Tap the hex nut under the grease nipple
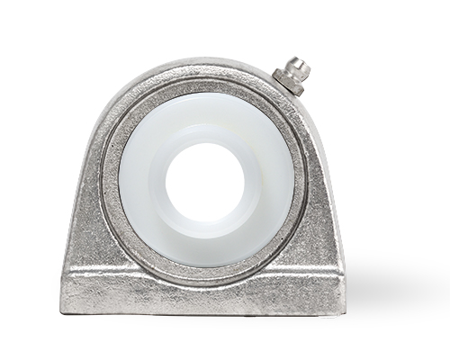tap(290, 79)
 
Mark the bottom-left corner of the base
tap(63, 310)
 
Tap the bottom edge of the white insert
tap(205, 265)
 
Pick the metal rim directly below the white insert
tap(205, 275)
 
